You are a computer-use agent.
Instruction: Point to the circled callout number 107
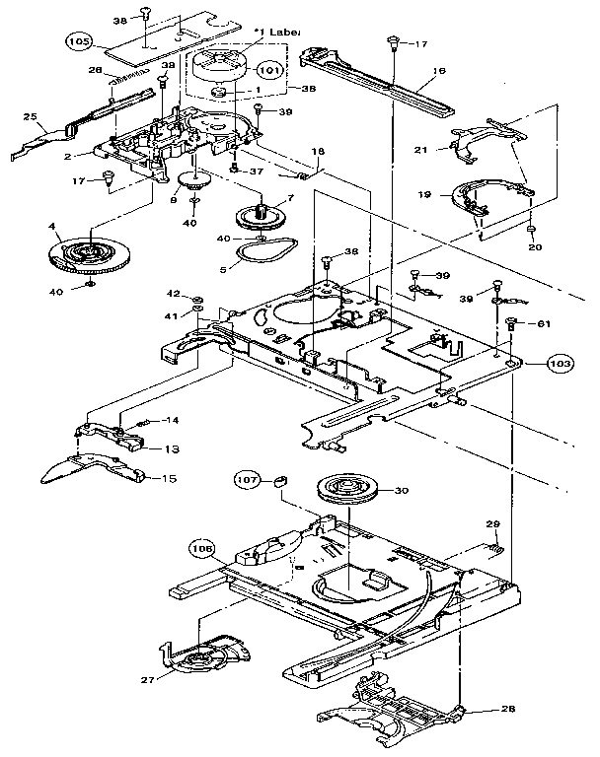pyautogui.click(x=247, y=480)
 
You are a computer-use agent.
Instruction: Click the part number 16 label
pyautogui.click(x=438, y=71)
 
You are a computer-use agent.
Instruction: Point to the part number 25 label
pyautogui.click(x=30, y=116)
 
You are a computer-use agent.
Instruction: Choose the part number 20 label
pyautogui.click(x=533, y=247)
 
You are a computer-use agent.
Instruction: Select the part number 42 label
pyautogui.click(x=173, y=294)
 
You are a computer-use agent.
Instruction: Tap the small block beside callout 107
pyautogui.click(x=278, y=481)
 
